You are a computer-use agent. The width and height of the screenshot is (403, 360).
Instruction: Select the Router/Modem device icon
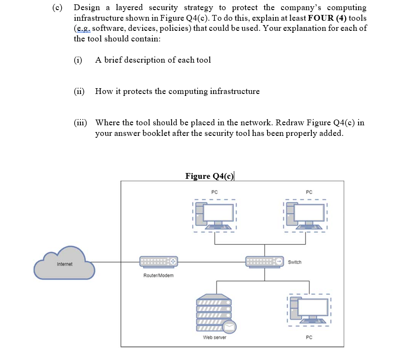click(159, 262)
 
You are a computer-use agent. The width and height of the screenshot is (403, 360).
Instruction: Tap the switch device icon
click(264, 262)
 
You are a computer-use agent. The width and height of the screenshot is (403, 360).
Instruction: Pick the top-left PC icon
click(215, 215)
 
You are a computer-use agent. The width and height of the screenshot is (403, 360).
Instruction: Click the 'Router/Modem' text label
click(159, 275)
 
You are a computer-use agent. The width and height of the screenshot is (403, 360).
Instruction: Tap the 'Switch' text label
click(295, 262)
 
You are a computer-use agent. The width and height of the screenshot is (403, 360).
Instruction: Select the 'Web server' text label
click(215, 337)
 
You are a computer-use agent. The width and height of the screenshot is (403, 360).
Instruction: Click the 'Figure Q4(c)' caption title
click(209, 176)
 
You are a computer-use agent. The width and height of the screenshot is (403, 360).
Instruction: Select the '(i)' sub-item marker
click(78, 60)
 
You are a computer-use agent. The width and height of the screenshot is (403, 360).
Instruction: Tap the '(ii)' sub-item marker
click(79, 91)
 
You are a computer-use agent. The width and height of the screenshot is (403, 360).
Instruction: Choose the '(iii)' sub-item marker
click(81, 122)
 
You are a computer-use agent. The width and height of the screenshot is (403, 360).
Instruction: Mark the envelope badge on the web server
click(229, 327)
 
